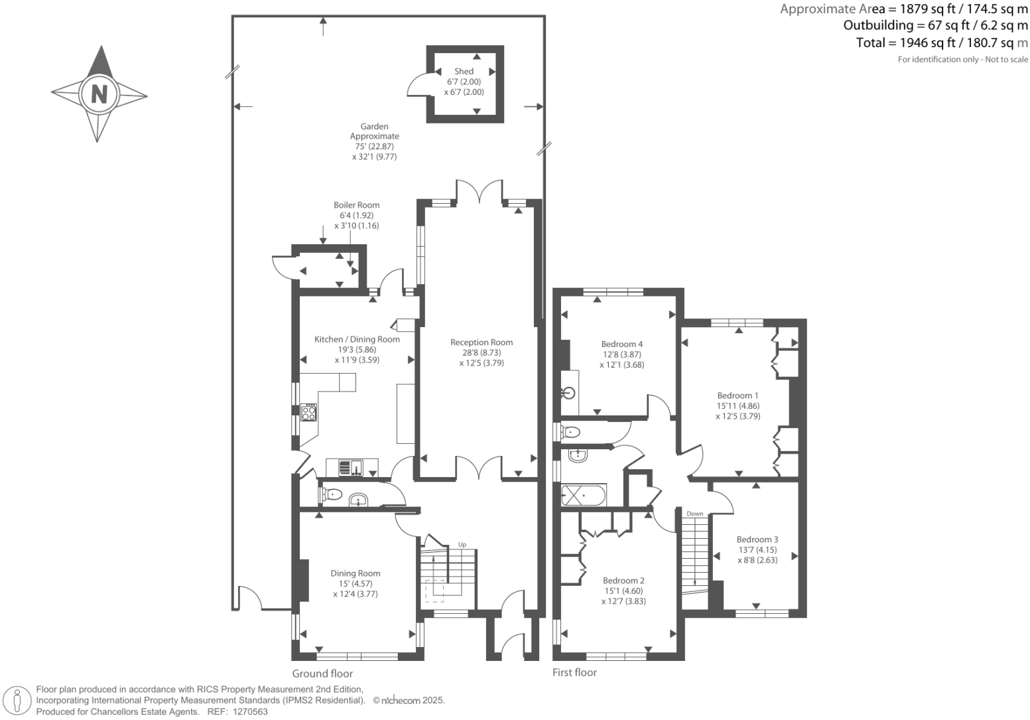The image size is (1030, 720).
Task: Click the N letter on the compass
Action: click(99, 94)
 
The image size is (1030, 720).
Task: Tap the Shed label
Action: click(464, 72)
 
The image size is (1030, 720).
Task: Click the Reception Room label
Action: click(481, 342)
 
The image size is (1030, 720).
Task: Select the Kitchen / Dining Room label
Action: click(357, 339)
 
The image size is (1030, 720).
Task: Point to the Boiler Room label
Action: click(356, 205)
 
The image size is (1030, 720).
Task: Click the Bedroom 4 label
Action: click(621, 344)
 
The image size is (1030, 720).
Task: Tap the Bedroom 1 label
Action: click(738, 396)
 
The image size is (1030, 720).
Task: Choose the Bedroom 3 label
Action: click(757, 540)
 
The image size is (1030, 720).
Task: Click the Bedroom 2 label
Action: click(623, 581)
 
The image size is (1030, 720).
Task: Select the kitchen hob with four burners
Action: click(308, 412)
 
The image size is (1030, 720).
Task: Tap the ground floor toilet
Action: click(331, 494)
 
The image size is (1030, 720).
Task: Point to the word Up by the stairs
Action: click(462, 545)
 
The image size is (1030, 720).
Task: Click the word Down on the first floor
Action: click(694, 514)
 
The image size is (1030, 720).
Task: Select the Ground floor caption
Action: click(322, 674)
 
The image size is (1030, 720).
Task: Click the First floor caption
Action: click(574, 672)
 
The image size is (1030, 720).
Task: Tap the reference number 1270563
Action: click(247, 711)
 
